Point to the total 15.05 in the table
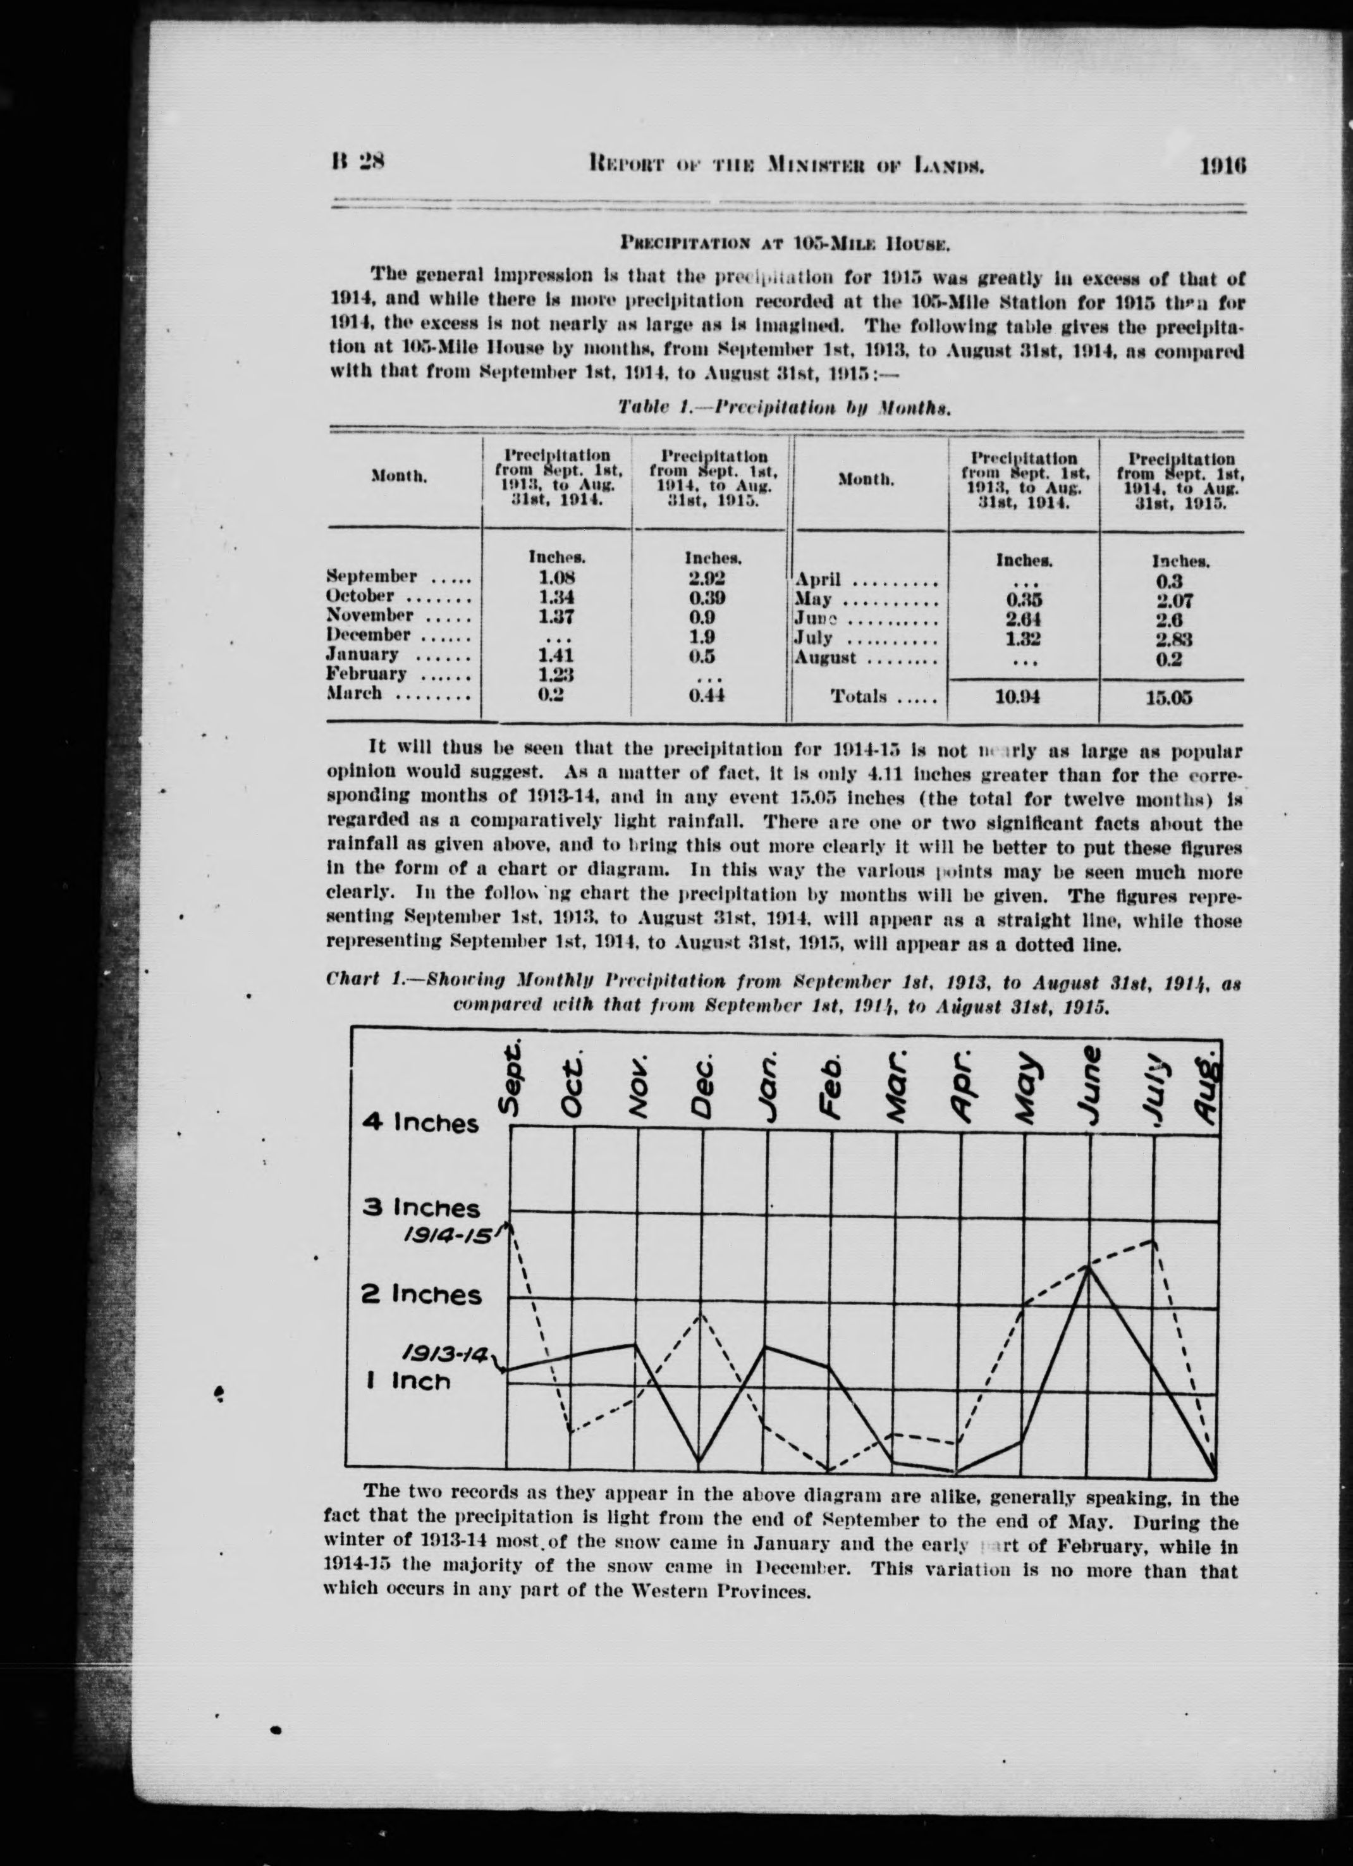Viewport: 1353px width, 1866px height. point(1169,699)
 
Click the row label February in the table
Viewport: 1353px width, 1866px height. point(367,674)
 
